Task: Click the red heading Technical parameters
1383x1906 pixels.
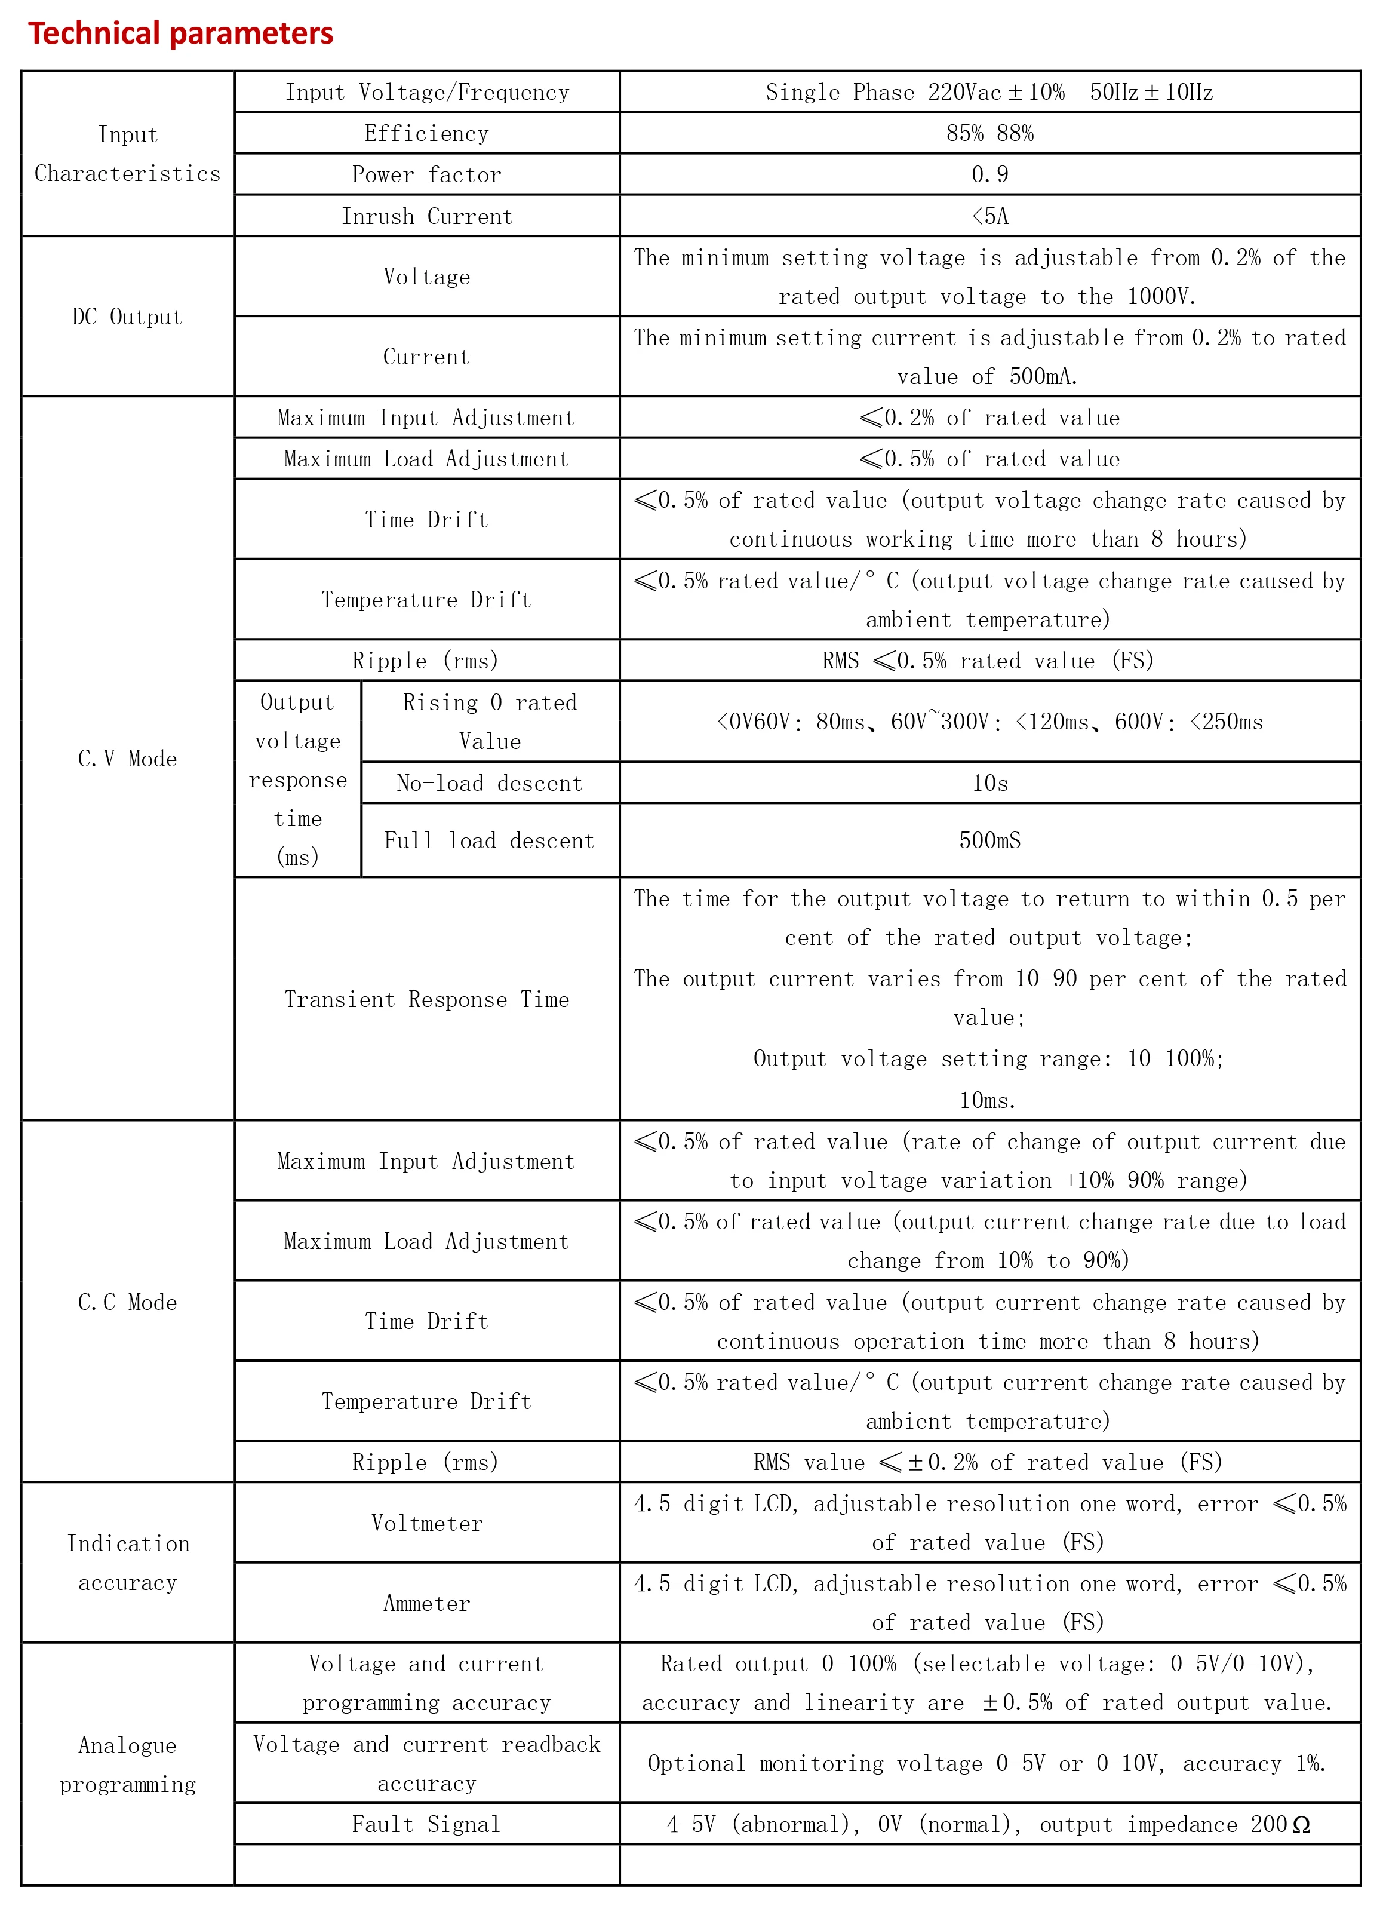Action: pyautogui.click(x=181, y=33)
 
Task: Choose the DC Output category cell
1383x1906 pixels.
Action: pyautogui.click(x=127, y=317)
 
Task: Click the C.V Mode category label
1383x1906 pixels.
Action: pyautogui.click(x=127, y=759)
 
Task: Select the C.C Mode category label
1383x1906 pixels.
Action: pyautogui.click(x=127, y=1302)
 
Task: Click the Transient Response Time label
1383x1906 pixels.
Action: pyautogui.click(x=427, y=999)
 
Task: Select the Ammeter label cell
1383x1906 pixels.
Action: pyautogui.click(x=427, y=1603)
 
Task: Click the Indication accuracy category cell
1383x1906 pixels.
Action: pyautogui.click(x=127, y=1563)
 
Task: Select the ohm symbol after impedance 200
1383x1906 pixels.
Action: pyautogui.click(x=1301, y=1825)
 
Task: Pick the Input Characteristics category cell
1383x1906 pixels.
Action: pyautogui.click(x=127, y=154)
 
